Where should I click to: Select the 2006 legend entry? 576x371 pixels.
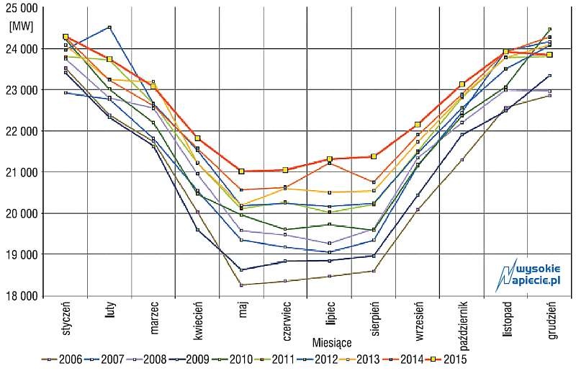click(62, 359)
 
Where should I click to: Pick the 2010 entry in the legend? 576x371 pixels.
click(232, 359)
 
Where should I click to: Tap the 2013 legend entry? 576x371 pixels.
click(360, 359)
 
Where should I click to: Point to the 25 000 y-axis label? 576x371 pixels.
click(22, 9)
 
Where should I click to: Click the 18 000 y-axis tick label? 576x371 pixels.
click(22, 295)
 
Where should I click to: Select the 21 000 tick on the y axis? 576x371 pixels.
click(22, 171)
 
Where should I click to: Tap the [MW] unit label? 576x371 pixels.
click(21, 27)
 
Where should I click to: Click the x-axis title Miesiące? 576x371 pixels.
click(332, 343)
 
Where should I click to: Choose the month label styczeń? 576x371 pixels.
click(66, 318)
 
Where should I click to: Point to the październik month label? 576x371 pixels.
click(463, 326)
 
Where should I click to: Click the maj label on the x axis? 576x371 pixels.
click(243, 309)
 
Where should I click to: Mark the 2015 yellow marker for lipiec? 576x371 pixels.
click(330, 159)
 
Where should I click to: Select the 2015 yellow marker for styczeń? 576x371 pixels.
click(66, 37)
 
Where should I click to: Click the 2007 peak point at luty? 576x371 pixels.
click(109, 27)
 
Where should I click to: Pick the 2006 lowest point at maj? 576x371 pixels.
click(241, 285)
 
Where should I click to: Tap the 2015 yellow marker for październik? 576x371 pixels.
click(462, 84)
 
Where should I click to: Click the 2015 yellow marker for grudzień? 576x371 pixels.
click(550, 55)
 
